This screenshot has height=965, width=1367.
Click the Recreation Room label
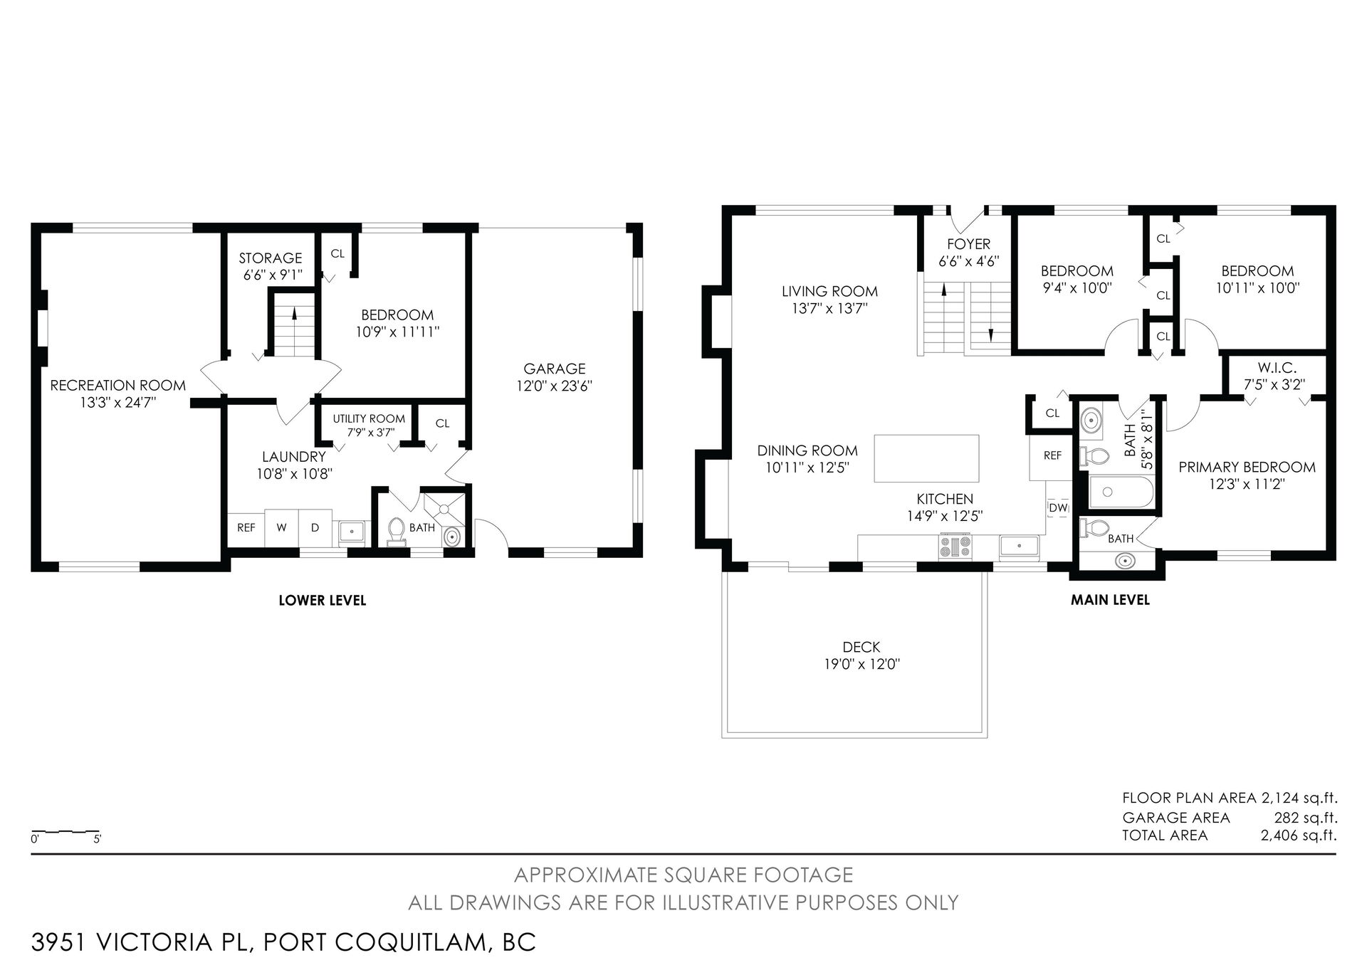pyautogui.click(x=118, y=385)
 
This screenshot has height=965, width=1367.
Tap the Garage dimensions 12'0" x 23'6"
pyautogui.click(x=555, y=386)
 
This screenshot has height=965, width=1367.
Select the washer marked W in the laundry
pyautogui.click(x=281, y=528)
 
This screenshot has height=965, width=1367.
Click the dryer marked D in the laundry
pyautogui.click(x=315, y=528)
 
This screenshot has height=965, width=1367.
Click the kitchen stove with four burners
pyautogui.click(x=955, y=547)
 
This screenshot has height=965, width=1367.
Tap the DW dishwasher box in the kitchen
pyautogui.click(x=1058, y=507)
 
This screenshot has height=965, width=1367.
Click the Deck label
pyautogui.click(x=861, y=647)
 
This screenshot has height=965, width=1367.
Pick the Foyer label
pyautogui.click(x=968, y=244)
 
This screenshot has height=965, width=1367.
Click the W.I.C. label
pyautogui.click(x=1277, y=369)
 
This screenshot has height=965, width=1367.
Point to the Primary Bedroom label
pyautogui.click(x=1247, y=467)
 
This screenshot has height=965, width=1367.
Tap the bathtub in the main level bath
pyautogui.click(x=1121, y=492)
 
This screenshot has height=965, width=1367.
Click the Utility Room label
pyautogui.click(x=369, y=418)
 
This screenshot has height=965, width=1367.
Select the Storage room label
pyautogui.click(x=271, y=258)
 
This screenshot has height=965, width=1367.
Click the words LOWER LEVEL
pyautogui.click(x=323, y=601)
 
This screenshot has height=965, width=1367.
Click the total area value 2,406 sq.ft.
pyautogui.click(x=1299, y=835)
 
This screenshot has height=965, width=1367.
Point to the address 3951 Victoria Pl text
pyautogui.click(x=142, y=942)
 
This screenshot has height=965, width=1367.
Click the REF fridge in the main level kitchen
pyautogui.click(x=1052, y=455)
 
